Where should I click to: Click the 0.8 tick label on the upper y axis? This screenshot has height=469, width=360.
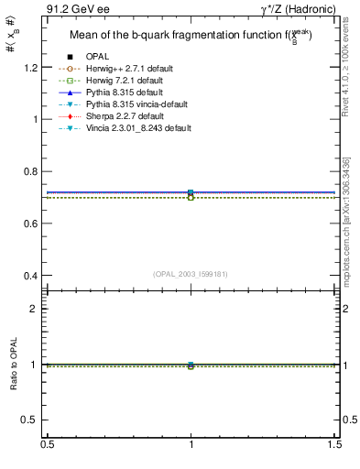pos(32,171)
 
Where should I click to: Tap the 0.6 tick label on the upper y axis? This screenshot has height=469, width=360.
pos(32,224)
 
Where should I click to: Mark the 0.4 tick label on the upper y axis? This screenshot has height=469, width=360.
pos(32,276)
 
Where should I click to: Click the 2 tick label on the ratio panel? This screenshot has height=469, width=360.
pos(37,309)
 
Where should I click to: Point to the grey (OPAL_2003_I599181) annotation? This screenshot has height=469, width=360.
pos(190,274)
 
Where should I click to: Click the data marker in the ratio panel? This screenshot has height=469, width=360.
pos(191,365)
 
